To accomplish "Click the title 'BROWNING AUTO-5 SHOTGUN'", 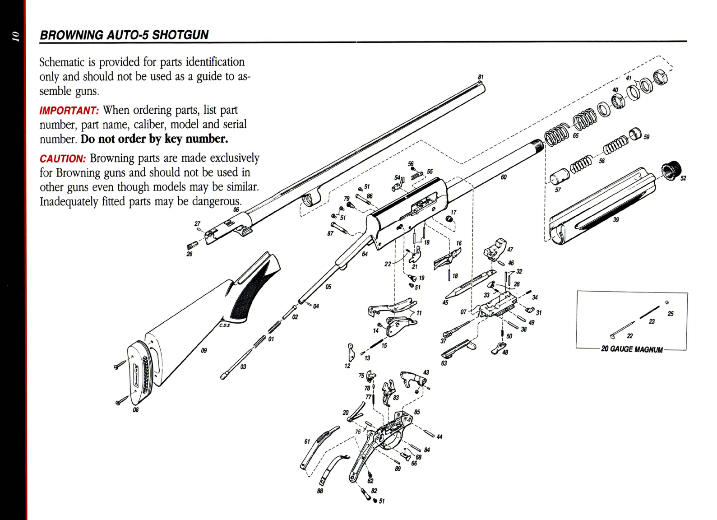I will pyautogui.click(x=124, y=35).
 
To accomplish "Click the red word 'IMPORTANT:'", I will pyautogui.click(x=69, y=111).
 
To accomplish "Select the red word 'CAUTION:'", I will pyautogui.click(x=63, y=159).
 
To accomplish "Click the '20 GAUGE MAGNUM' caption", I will pyautogui.click(x=632, y=349).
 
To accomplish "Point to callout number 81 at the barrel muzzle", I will pyautogui.click(x=481, y=77).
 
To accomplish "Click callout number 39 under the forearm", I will pyautogui.click(x=616, y=220).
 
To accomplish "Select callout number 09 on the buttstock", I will pyautogui.click(x=204, y=350).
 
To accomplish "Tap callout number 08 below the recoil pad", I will pyautogui.click(x=135, y=410).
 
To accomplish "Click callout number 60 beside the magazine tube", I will pyautogui.click(x=504, y=177).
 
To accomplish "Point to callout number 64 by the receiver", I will pyautogui.click(x=365, y=254).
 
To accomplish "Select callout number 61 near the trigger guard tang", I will pyautogui.click(x=307, y=441).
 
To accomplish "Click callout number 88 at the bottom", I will pyautogui.click(x=320, y=491).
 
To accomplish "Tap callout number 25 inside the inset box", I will pyautogui.click(x=671, y=314).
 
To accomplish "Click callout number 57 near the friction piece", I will pyautogui.click(x=558, y=190).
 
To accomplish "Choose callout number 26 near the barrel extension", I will pyautogui.click(x=190, y=254).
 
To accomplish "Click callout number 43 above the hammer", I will pyautogui.click(x=426, y=372).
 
